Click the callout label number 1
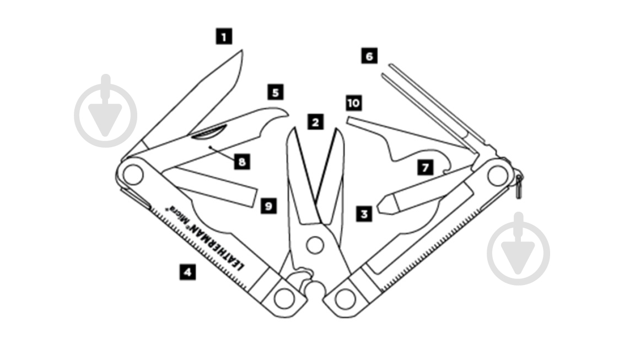223,37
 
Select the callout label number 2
315,121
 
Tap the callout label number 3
363,213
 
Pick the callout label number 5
276,92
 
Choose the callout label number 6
369,56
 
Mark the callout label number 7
424,168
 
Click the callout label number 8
241,162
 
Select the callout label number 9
268,206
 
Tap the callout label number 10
354,103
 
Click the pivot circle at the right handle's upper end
498,176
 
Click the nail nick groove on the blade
209,133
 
